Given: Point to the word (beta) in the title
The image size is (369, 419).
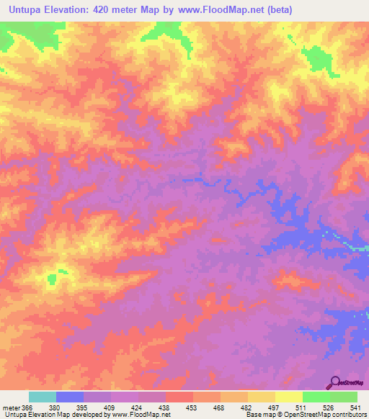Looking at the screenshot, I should pos(277,9).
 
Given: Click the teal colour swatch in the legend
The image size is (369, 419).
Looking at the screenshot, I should pos(43,397).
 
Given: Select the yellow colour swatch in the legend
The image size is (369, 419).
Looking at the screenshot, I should pos(289,397).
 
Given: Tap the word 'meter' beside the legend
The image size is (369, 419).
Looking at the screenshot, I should pos(10,407).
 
